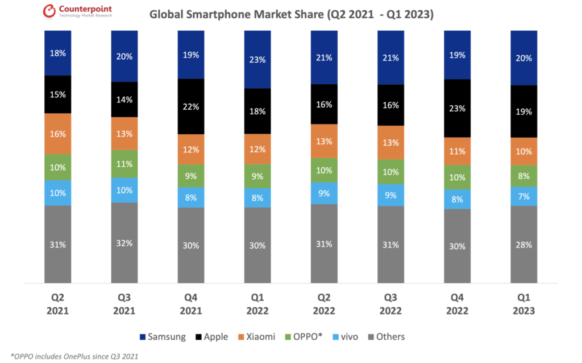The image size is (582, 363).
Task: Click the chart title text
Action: coord(292,14)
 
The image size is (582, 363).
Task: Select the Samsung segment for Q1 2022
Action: coord(257,59)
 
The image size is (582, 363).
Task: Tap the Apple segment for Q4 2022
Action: coord(458,108)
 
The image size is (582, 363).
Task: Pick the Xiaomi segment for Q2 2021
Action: coord(58,134)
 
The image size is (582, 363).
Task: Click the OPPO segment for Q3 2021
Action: coord(124,164)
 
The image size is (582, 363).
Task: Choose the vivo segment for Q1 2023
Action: coord(523,196)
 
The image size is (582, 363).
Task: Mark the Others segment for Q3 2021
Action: coord(124,242)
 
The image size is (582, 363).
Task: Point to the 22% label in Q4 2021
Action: coord(191,106)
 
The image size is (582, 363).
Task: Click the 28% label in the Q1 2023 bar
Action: coord(523,245)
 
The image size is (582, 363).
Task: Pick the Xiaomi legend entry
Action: coord(256,337)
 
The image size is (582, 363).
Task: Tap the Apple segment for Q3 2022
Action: coord(390,105)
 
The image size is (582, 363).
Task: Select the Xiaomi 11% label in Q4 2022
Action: coord(458,151)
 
